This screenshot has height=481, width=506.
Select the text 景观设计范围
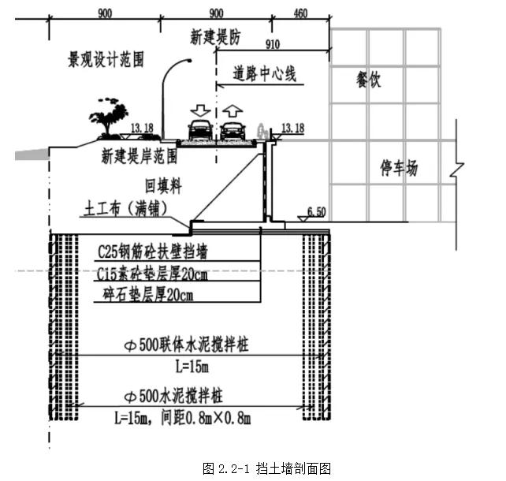105,61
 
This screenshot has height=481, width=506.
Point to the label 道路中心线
264,75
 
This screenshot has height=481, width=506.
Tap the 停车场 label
399,167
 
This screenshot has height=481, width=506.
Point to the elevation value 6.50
315,211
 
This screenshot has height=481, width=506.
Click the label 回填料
163,187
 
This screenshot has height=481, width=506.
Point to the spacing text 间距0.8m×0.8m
220,416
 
